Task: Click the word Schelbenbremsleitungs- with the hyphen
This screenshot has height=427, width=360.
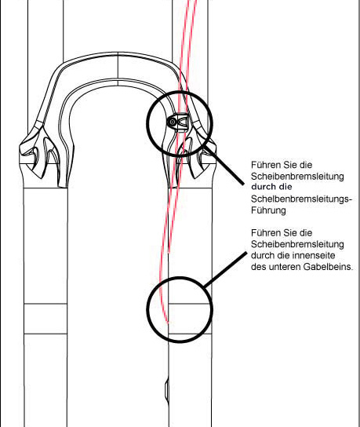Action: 301,199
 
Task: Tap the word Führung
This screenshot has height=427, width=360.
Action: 268,210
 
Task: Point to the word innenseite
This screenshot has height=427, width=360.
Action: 314,255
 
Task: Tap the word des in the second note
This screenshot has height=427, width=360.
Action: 259,267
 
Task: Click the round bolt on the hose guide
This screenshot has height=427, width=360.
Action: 173,122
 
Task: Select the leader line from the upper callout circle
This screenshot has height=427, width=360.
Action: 224,166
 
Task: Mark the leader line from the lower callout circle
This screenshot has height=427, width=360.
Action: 226,269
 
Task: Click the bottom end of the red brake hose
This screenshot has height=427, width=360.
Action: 168,323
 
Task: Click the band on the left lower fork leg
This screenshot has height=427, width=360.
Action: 45,319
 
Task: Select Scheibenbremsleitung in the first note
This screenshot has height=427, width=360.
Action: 297,177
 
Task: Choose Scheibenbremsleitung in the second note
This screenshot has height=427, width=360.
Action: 297,244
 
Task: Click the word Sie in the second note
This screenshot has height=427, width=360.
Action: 290,233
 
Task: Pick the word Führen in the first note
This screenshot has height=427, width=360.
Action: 266,165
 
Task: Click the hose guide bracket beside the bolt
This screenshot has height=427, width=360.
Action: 182,122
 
